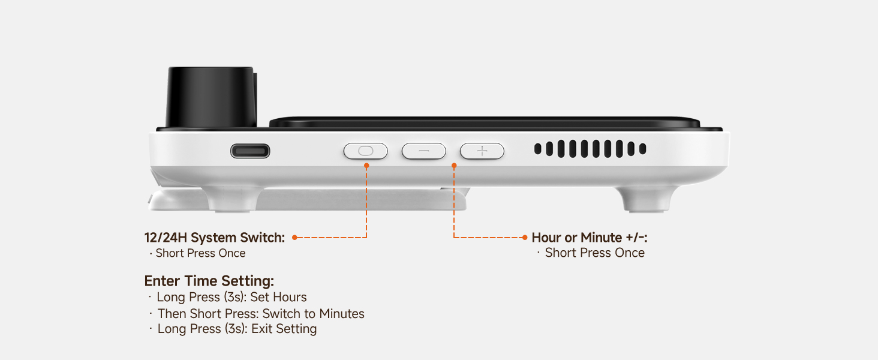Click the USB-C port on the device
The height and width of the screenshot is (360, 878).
pos(250,151)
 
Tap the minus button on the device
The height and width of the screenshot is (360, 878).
pos(424,151)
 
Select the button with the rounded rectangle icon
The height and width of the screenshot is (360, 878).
pos(365,151)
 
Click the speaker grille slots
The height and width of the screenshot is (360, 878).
pos(590,149)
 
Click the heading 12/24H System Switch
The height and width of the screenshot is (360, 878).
pos(215,238)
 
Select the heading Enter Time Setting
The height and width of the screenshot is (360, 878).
pos(209,281)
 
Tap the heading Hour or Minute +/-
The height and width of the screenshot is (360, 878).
pos(590,238)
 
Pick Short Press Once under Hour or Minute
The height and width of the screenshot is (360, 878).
pos(594,253)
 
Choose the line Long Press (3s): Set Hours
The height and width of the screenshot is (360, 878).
pos(231,297)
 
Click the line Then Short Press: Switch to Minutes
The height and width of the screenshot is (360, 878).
pos(261,313)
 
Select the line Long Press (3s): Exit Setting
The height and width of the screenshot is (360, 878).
pos(237,329)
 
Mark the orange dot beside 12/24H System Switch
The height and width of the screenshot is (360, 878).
pos(294,238)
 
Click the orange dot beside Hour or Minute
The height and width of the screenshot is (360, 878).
pos(525,238)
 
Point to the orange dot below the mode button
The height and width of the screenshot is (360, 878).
pos(366,165)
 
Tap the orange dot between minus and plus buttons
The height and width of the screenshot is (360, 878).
pos(454,165)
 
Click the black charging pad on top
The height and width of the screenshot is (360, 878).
pos(485,122)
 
